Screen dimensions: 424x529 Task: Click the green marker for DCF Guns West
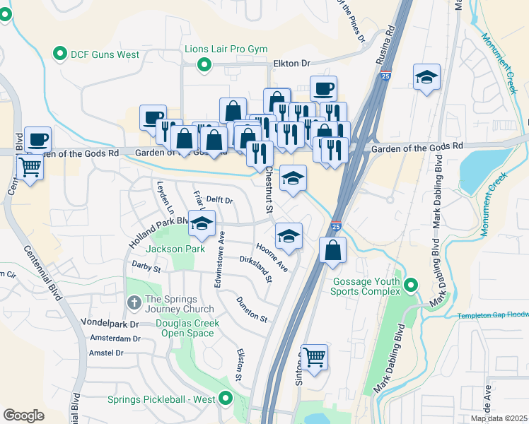tap(59, 53)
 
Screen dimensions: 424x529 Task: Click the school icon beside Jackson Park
tap(202, 225)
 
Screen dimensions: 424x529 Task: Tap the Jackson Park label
tap(175, 249)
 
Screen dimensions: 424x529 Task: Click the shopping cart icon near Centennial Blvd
tap(31, 167)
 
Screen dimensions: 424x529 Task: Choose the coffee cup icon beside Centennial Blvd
tap(37, 139)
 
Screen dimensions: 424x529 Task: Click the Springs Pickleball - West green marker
tap(226, 399)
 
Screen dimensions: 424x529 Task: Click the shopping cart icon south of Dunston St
tap(314, 357)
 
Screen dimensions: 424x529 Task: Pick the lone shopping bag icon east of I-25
tap(332, 250)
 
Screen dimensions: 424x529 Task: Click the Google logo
tap(23, 415)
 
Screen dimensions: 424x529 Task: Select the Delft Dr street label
tap(219, 200)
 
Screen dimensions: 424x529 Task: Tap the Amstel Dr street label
tap(106, 353)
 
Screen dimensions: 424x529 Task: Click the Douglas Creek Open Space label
tap(187, 328)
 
